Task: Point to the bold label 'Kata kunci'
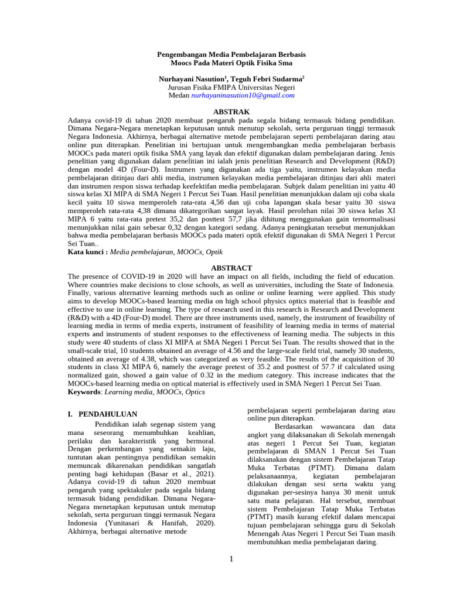pyautogui.click(x=87, y=251)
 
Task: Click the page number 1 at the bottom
pyautogui.click(x=231, y=558)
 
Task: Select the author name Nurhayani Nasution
pyautogui.click(x=192, y=78)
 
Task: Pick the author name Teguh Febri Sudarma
pyautogui.click(x=267, y=78)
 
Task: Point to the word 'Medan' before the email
pyautogui.click(x=179, y=95)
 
